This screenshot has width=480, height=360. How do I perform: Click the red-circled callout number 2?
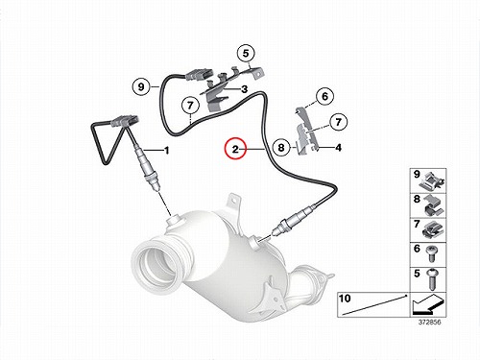pos(235,149)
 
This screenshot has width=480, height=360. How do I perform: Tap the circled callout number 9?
pos(141,86)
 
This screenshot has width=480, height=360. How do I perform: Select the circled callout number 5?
pos(246,53)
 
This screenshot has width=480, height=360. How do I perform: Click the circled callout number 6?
pos(324,96)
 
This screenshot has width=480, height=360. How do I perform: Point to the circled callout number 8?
pos(281,148)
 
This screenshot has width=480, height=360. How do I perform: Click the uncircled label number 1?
pos(166,150)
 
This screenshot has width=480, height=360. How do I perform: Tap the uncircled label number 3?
pos(244,89)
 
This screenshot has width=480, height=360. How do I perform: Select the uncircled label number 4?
pos(338,148)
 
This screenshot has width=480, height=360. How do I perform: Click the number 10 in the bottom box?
pos(345,299)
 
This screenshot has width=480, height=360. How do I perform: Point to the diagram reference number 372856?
pos(429,322)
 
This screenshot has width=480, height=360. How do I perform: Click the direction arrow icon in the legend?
pos(428,304)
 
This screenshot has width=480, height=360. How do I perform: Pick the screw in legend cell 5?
pos(431,278)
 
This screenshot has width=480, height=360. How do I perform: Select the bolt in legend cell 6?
pos(431,254)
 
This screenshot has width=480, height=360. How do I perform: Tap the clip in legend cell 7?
pos(432,229)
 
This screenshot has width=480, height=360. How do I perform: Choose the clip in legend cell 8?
pos(433,204)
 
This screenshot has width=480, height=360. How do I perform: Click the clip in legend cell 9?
pos(433,180)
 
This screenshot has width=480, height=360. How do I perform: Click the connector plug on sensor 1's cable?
pos(125,121)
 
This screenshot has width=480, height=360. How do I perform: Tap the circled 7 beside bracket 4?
pos(338,122)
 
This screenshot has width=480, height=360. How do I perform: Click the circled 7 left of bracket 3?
pos(190,106)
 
